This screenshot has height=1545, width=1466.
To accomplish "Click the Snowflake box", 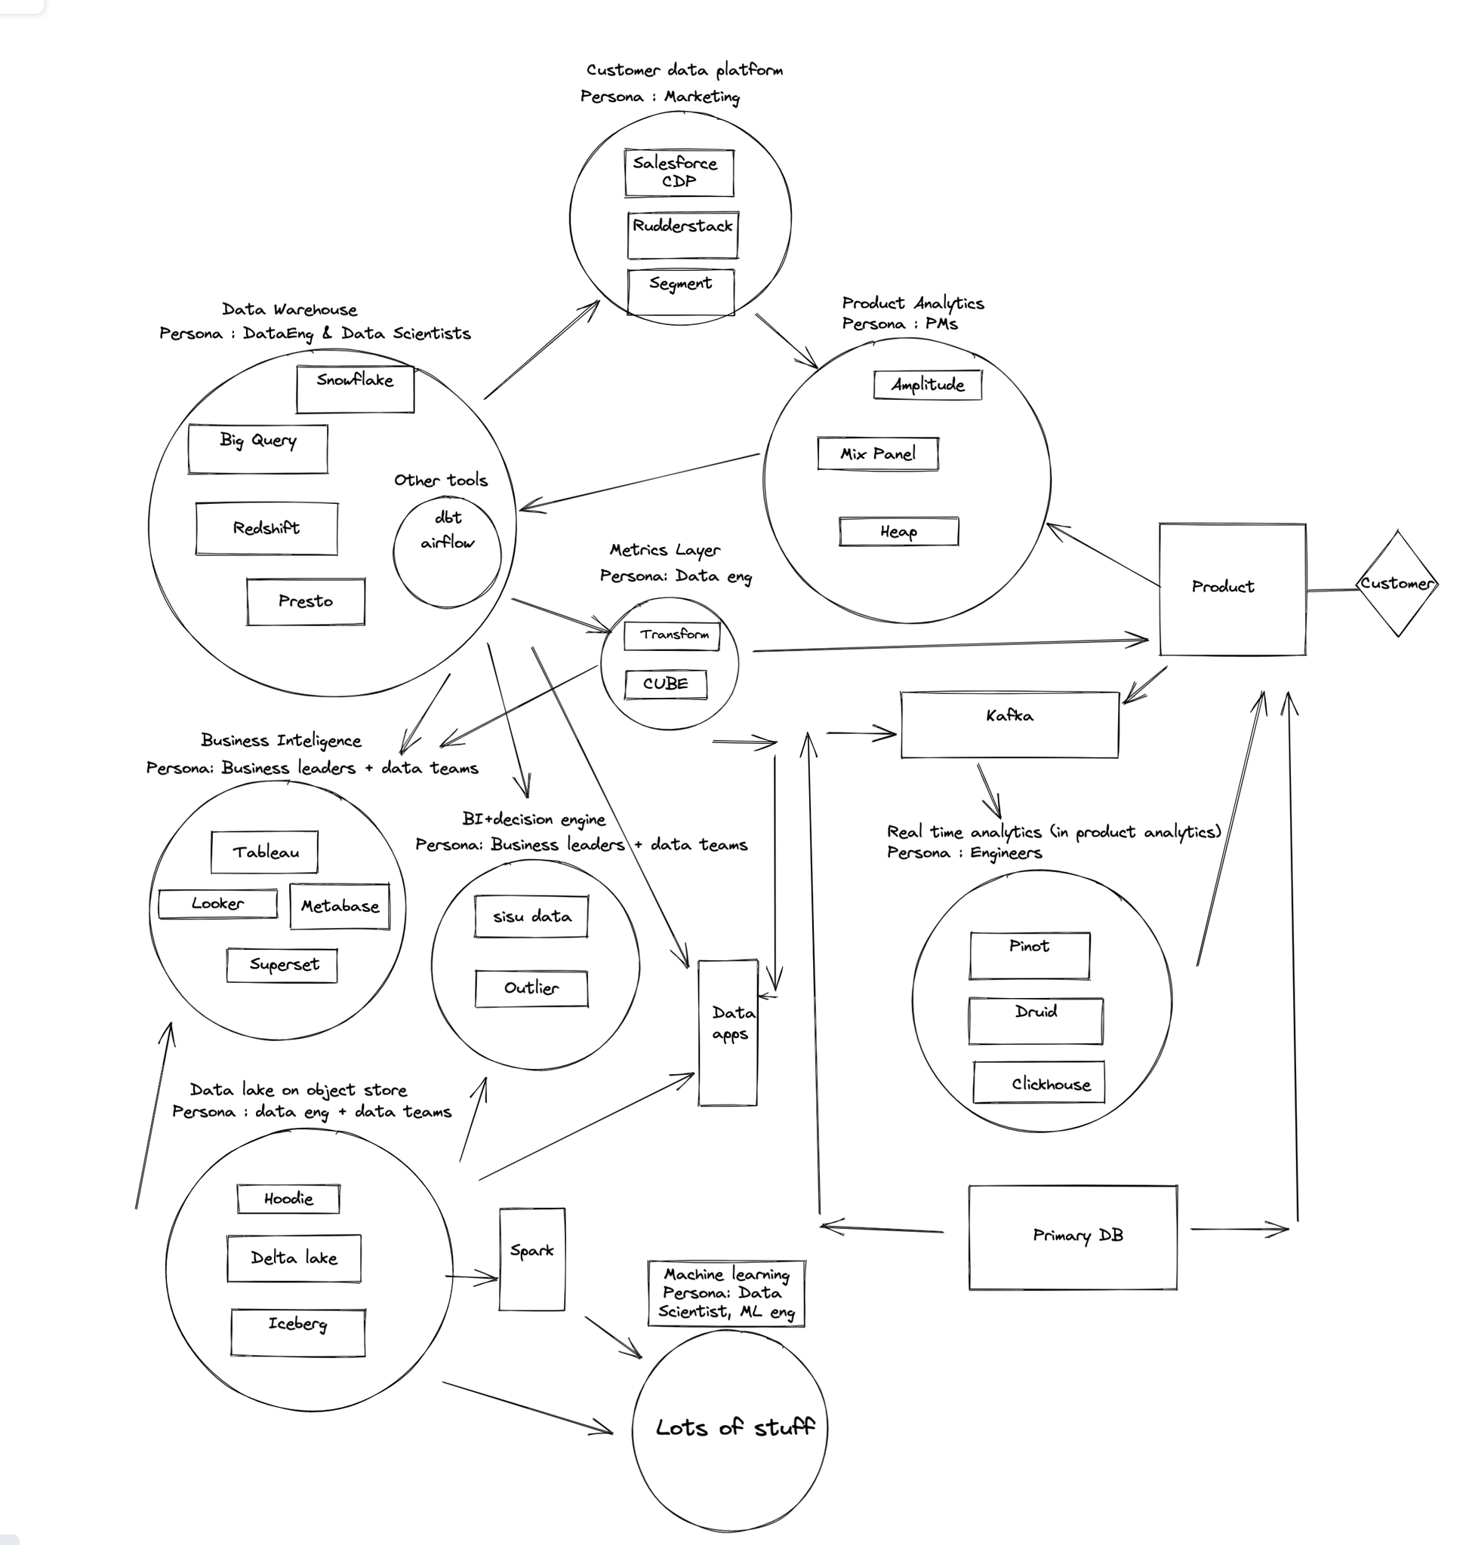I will pyautogui.click(x=355, y=389).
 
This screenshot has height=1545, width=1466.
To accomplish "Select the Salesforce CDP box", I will pyautogui.click(x=679, y=173).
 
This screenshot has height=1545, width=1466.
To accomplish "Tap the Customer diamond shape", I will pyautogui.click(x=1397, y=583).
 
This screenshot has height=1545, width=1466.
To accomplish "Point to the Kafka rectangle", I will pyautogui.click(x=1009, y=724).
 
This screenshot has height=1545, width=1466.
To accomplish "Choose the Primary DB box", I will pyautogui.click(x=1072, y=1237).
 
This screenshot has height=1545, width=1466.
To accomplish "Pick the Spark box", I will pyautogui.click(x=532, y=1259).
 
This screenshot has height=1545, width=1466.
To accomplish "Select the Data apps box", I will pyautogui.click(x=728, y=1033).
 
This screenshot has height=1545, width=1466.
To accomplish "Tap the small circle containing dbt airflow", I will pyautogui.click(x=447, y=551).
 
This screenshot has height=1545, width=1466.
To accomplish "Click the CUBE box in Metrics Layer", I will pyautogui.click(x=666, y=684).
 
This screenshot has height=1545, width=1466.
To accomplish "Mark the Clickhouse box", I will pyautogui.click(x=1039, y=1082).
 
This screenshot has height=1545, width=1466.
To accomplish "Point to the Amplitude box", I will pyautogui.click(x=928, y=384).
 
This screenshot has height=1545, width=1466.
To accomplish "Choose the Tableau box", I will pyautogui.click(x=264, y=852).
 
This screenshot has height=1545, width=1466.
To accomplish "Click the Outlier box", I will pyautogui.click(x=531, y=989).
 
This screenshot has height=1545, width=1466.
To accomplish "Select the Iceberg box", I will pyautogui.click(x=297, y=1332).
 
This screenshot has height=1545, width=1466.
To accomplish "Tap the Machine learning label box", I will pyautogui.click(x=726, y=1293).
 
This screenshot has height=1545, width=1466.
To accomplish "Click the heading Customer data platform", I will pyautogui.click(x=685, y=70).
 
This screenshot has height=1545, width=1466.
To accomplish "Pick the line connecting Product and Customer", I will pyautogui.click(x=1332, y=590).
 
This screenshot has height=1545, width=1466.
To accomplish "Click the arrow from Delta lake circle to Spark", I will pyautogui.click(x=471, y=1278).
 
